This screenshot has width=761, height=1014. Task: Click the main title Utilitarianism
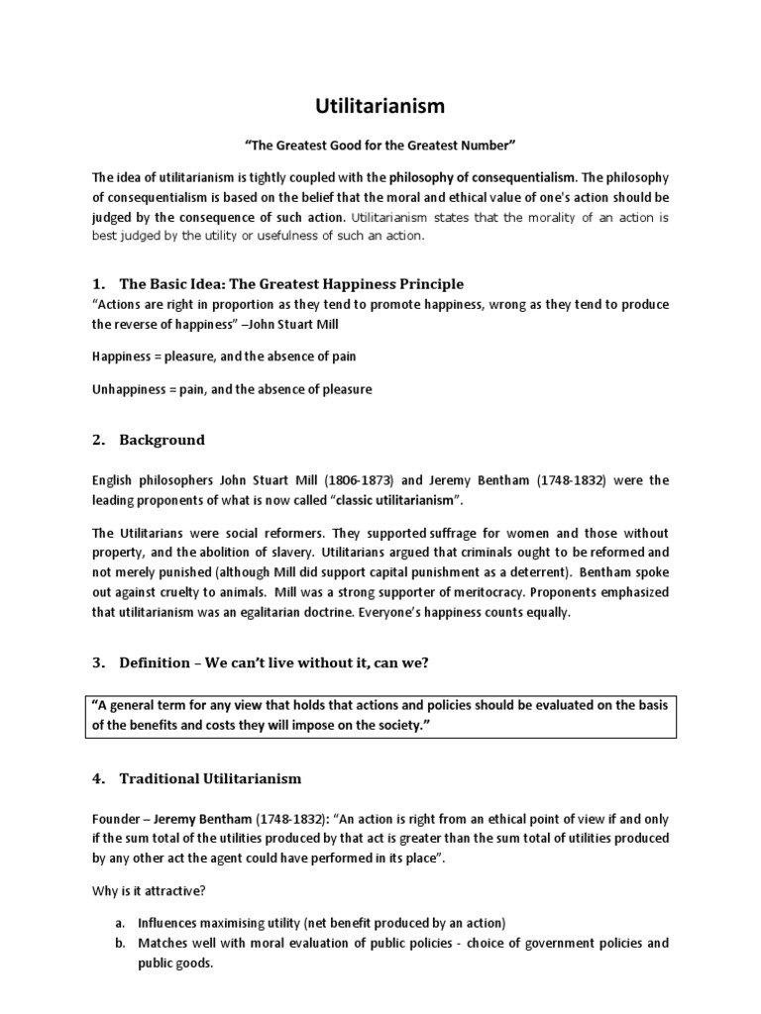coord(380,105)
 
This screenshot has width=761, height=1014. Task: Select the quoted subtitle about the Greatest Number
coord(380,146)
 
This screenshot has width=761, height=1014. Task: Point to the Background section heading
coord(162,440)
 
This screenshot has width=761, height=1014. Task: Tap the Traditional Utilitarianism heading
coord(210,778)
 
